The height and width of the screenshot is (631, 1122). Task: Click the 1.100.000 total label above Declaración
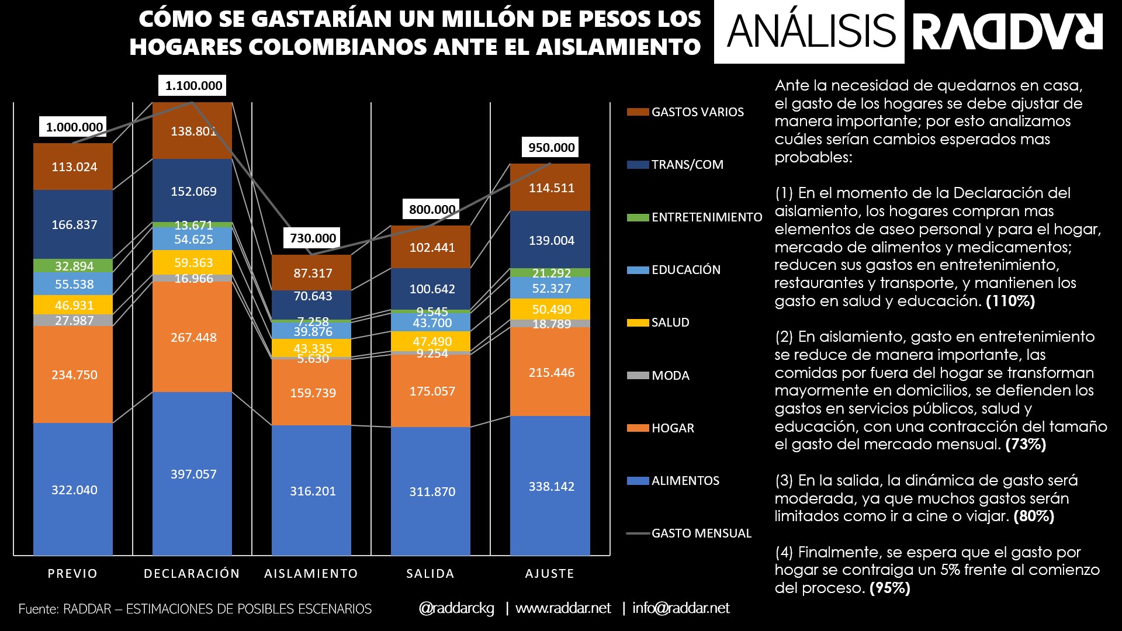coord(193,86)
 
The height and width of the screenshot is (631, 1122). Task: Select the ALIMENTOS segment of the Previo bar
coord(74,490)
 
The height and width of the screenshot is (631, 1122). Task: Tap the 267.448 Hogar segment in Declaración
coord(193,337)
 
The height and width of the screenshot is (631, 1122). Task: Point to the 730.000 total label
coord(313,238)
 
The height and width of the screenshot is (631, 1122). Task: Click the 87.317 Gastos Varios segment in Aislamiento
coord(312,273)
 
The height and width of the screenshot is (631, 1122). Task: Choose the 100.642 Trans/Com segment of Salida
coord(431,289)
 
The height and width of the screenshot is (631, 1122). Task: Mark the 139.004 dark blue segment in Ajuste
coord(550,240)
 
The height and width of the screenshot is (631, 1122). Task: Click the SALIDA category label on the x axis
coord(430,574)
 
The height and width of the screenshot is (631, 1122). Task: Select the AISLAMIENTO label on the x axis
coord(311,574)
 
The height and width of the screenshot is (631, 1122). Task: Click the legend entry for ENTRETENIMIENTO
coord(706,217)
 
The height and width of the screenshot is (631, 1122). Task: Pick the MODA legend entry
coord(670,376)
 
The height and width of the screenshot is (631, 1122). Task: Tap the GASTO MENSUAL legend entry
coord(701,533)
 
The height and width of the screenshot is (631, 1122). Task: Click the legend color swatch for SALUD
coord(638,323)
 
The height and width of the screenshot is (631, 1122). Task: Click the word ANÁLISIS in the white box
coord(811,32)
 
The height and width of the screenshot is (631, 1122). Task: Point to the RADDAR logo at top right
coord(1008,32)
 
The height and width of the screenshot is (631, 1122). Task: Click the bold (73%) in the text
coord(1026,445)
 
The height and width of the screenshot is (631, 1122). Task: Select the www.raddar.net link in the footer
coord(563,608)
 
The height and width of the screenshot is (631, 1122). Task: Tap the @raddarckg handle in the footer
coord(456,608)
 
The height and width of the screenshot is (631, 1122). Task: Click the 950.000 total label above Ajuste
coord(551,147)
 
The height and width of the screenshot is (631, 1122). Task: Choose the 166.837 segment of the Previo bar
coord(74,224)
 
